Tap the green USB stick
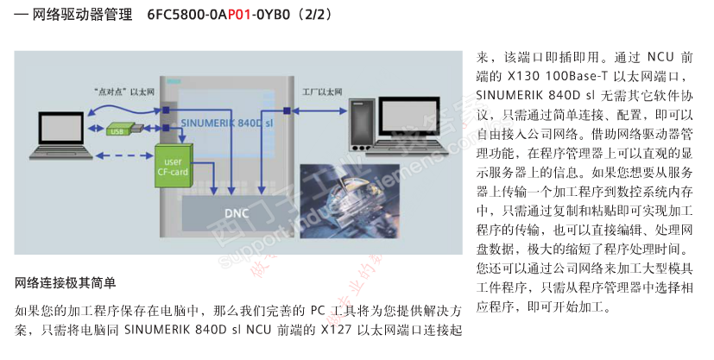point(122,130)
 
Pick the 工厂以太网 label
point(322,90)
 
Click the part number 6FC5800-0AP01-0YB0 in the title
point(220,16)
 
